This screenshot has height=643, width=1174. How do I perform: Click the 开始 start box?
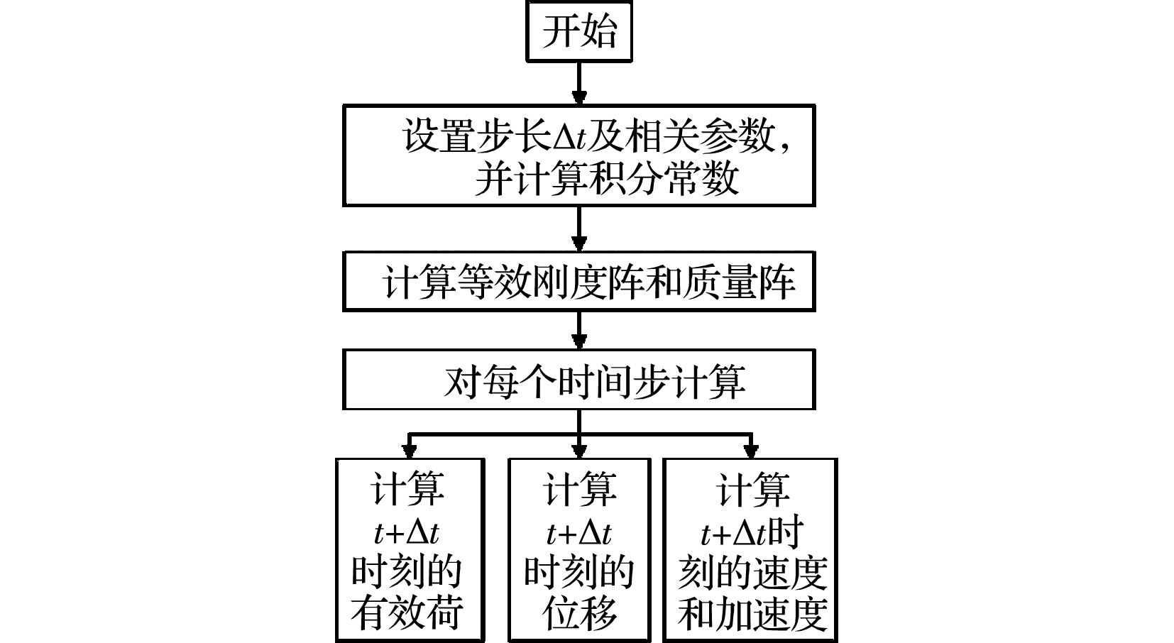click(x=578, y=31)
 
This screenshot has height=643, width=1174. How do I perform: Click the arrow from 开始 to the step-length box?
click(x=579, y=84)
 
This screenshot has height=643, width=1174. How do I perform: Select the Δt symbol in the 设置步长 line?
click(x=569, y=136)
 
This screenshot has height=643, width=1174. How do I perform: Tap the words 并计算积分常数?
click(x=607, y=178)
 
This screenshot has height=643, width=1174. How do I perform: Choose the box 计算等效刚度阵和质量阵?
click(x=578, y=281)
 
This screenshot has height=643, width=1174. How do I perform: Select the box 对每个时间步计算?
click(x=578, y=380)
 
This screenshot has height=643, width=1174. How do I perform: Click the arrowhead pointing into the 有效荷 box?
click(x=409, y=450)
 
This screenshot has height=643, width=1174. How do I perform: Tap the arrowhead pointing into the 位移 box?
click(x=579, y=450)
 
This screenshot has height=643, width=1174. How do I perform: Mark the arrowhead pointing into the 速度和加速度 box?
click(x=751, y=450)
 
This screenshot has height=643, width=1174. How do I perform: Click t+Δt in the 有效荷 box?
click(x=407, y=532)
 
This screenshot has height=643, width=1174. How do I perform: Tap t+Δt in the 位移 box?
click(x=579, y=532)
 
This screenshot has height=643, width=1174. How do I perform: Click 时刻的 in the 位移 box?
click(x=579, y=572)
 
